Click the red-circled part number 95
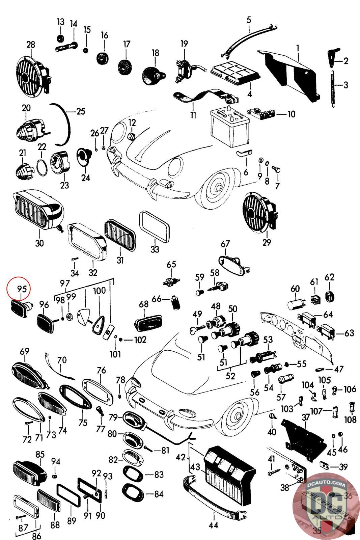pos(22,289)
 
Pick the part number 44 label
pos(213,525)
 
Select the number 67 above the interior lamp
pos(225,244)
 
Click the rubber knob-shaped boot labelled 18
pos(153,76)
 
